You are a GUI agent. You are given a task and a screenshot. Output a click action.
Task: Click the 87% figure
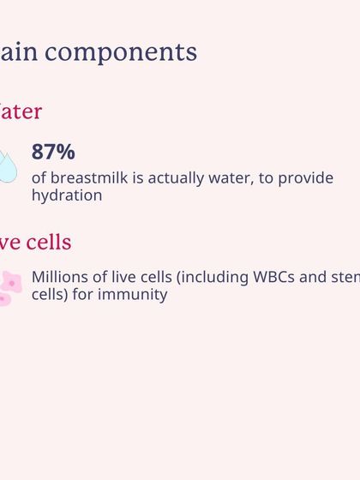[x=53, y=153]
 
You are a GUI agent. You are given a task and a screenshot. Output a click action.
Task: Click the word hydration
[x=67, y=195]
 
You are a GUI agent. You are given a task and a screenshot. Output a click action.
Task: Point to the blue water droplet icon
[x=7, y=167]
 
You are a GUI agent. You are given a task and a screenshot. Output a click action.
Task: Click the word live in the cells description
[x=123, y=278]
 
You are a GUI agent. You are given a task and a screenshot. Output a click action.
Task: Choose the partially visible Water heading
[x=19, y=111]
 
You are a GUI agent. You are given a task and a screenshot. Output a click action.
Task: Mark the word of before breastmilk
[x=39, y=178]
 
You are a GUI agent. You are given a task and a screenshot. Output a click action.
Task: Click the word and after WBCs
[x=318, y=278]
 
